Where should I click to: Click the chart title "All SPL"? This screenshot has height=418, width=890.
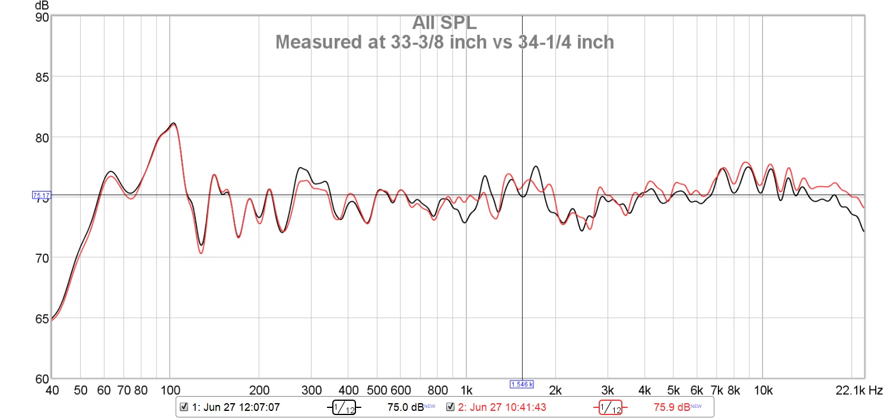tap(444, 23)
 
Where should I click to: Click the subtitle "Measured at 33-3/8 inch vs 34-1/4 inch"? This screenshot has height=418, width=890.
tap(444, 43)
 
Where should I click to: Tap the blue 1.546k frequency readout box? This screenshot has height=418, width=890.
tap(522, 384)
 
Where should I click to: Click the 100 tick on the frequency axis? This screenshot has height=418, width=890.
tap(170, 390)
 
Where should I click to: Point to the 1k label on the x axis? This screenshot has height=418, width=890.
tap(466, 390)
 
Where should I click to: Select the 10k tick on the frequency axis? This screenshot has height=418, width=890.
tap(762, 390)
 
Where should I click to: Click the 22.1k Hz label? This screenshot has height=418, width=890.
tap(859, 390)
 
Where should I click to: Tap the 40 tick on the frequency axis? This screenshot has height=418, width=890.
tap(52, 390)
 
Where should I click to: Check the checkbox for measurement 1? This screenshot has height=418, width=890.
tap(184, 407)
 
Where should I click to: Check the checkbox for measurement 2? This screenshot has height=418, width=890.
tap(450, 407)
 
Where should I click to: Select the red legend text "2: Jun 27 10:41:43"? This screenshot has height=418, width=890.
tap(501, 407)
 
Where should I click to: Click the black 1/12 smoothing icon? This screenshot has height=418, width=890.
tap(342, 407)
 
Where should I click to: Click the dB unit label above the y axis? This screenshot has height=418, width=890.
tap(42, 6)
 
